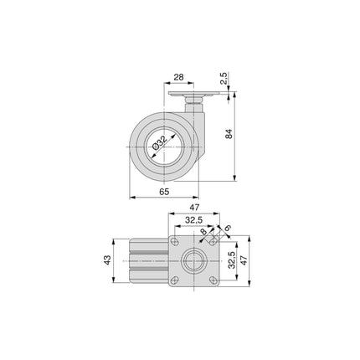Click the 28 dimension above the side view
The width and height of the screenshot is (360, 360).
(178, 77)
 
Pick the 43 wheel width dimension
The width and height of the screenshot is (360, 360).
(109, 260)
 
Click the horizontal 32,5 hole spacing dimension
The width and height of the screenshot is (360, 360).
(194, 222)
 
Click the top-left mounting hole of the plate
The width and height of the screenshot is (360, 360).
(175, 240)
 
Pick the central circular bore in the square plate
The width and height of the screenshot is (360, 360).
(194, 260)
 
